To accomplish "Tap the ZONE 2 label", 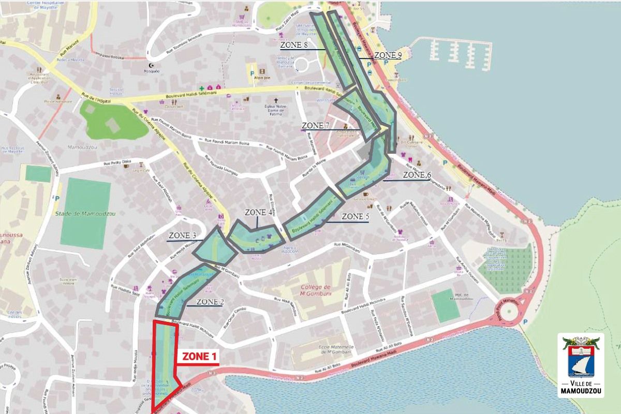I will click(210, 302).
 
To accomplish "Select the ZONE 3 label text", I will click(182, 236).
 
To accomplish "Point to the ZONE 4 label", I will click(259, 212).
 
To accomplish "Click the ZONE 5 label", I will click(356, 216).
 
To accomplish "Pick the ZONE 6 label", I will click(417, 175).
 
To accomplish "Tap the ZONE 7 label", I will click(316, 126).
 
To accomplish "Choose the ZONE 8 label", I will click(294, 45).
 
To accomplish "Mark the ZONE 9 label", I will click(388, 55).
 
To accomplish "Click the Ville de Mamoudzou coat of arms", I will click(581, 358).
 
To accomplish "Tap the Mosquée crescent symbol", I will click(151, 66).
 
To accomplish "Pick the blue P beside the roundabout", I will click(526, 321).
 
